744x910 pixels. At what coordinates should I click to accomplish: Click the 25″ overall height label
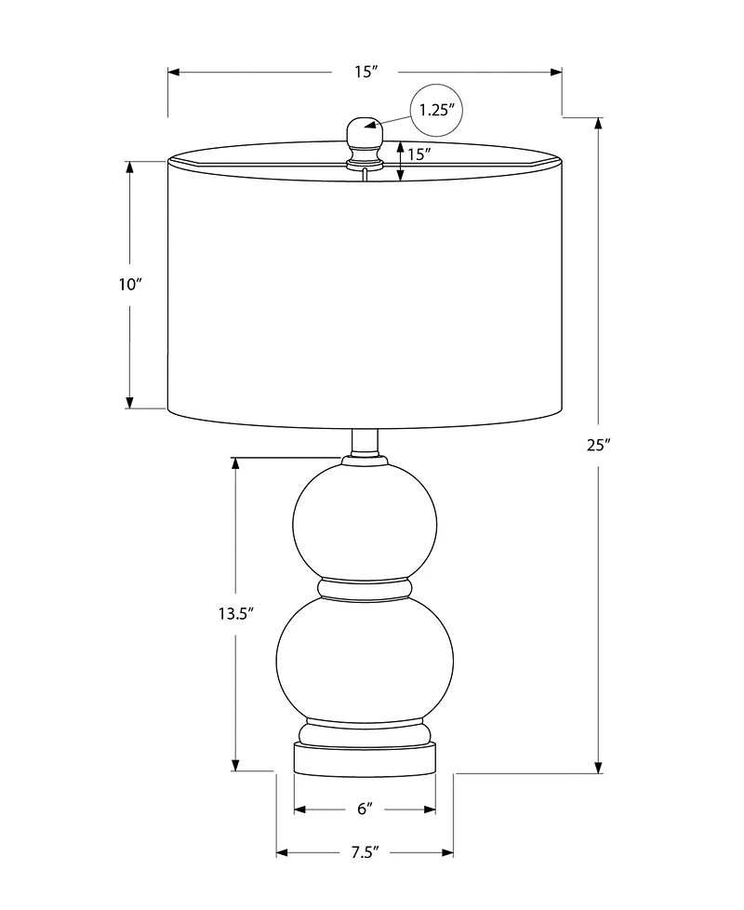(x=599, y=445)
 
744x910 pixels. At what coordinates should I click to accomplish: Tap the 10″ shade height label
(x=130, y=285)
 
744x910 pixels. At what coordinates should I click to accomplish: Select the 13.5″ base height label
(x=236, y=613)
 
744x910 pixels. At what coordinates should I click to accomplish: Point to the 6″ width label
(x=365, y=809)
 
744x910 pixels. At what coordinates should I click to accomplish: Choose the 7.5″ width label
(x=365, y=852)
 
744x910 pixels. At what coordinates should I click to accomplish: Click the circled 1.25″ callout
(x=436, y=110)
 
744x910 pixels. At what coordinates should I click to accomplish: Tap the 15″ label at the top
(x=365, y=72)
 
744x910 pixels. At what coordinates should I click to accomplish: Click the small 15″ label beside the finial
(x=418, y=154)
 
